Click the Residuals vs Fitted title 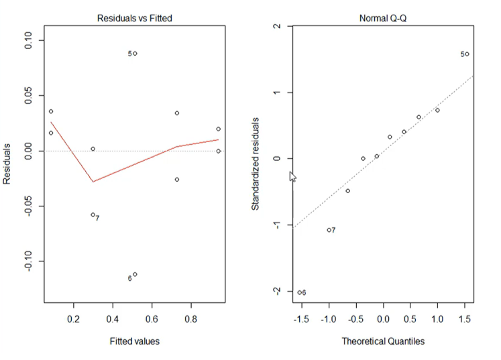[x=135, y=18]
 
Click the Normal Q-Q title [x=383, y=18]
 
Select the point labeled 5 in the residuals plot [x=135, y=54]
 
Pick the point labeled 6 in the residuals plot [x=135, y=274]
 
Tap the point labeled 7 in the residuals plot [x=93, y=215]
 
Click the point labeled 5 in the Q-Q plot [x=467, y=54]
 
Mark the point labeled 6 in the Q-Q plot [x=299, y=292]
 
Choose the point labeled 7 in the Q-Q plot [x=329, y=231]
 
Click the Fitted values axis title [x=135, y=341]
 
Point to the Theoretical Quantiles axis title [x=383, y=341]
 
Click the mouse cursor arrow [x=292, y=176]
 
